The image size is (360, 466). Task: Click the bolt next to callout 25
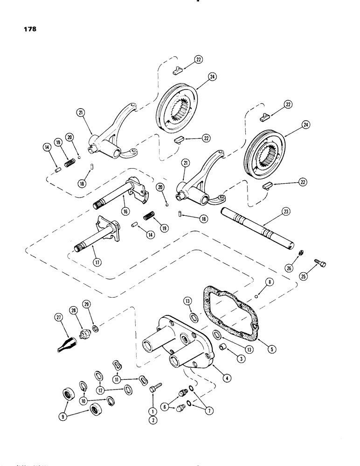point(322,264)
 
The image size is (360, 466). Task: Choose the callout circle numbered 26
point(298,267)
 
